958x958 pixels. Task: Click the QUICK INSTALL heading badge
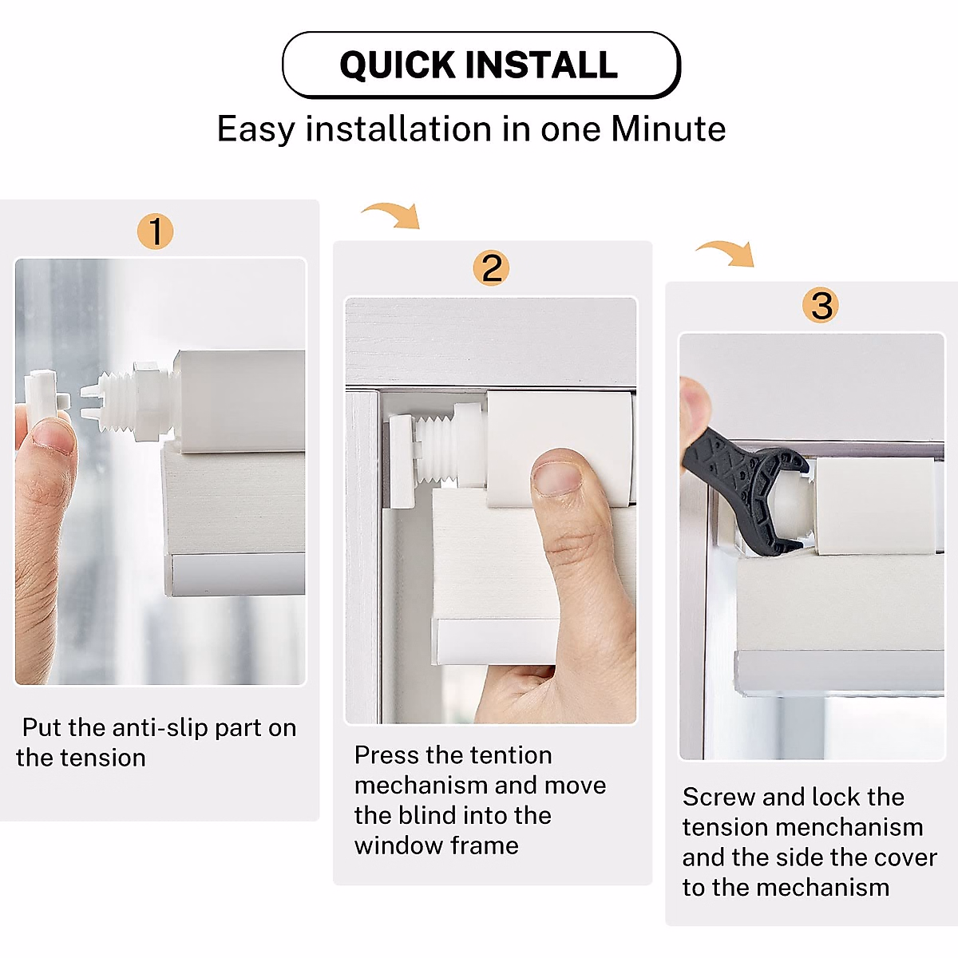[x=481, y=65]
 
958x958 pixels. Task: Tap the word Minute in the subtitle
[x=668, y=129]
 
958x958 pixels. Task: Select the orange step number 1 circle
[x=155, y=232]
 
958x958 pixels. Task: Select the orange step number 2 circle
[x=492, y=268]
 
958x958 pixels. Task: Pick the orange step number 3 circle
[x=821, y=306]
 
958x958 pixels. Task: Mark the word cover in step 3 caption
[x=905, y=858]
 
